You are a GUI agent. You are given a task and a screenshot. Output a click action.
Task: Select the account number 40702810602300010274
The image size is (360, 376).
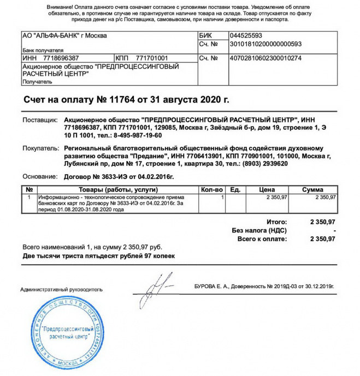click(258, 58)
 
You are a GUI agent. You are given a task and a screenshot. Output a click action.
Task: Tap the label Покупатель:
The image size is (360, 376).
click(40, 148)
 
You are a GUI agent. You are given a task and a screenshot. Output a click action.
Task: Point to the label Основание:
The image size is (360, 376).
click(40, 177)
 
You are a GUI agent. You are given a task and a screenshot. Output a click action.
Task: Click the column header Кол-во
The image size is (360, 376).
click(212, 189)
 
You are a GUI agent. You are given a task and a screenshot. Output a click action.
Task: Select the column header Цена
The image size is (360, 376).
click(267, 189)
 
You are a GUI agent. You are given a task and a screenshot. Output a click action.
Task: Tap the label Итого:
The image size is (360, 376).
click(276, 223)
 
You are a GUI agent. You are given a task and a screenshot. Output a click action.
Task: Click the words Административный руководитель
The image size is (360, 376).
click(61, 289)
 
